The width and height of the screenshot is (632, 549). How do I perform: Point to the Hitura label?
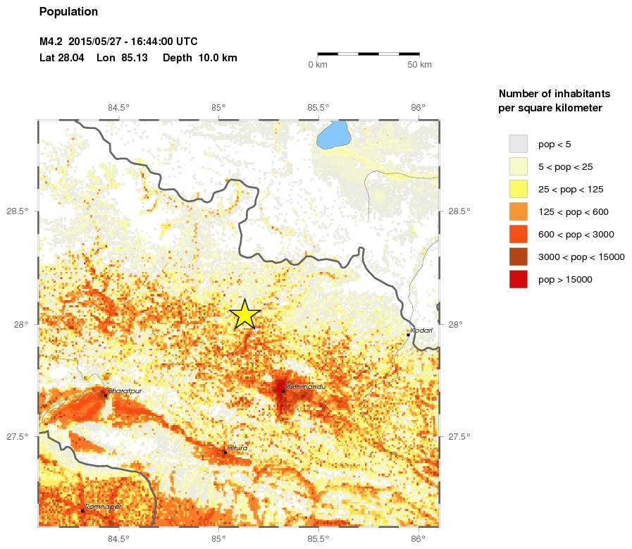point(237,448)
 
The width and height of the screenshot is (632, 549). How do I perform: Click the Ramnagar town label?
point(103,506)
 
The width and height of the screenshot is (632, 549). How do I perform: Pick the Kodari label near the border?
point(421,330)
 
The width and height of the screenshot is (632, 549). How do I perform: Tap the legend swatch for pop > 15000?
point(518,279)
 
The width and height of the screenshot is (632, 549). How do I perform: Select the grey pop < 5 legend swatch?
point(518,144)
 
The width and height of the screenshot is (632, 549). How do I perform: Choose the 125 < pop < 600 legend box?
point(518,211)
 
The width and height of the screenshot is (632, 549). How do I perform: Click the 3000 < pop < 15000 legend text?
point(581,257)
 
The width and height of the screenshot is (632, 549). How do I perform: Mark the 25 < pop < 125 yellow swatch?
point(518,189)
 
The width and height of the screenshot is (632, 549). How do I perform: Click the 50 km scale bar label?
point(420,65)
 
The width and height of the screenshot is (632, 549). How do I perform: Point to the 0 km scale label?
point(318,65)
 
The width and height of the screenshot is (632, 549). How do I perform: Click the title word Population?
point(68,11)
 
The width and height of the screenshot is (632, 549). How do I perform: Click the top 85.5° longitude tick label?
point(318,107)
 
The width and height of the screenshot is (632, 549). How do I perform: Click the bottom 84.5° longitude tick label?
point(118,540)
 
